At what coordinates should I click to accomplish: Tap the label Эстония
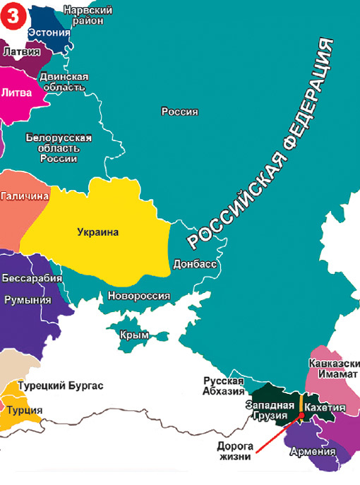(49, 32)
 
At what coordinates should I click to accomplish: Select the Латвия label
(22, 52)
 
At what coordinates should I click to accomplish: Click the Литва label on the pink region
(17, 92)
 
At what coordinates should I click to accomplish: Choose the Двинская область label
(64, 81)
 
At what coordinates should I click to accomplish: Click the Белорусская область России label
(59, 148)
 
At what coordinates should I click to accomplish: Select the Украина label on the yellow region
(98, 232)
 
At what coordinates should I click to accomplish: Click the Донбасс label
(194, 265)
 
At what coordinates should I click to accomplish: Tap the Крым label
(135, 335)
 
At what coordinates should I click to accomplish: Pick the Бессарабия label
(32, 277)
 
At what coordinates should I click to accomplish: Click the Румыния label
(28, 300)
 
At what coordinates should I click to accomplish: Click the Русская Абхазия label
(223, 385)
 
